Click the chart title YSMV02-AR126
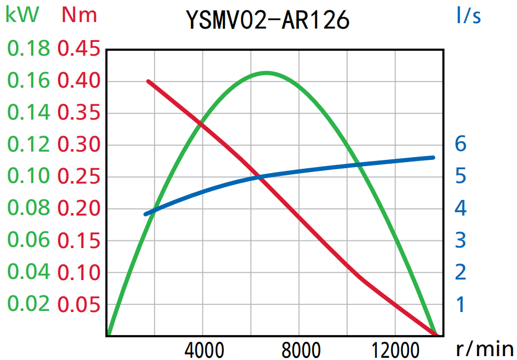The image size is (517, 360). [x=268, y=20]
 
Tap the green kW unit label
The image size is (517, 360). [x=22, y=15]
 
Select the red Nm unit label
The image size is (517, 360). [x=79, y=15]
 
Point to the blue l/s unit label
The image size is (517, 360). [x=468, y=15]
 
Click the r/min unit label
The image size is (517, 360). [x=485, y=348]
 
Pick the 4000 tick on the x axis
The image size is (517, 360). [x=202, y=350]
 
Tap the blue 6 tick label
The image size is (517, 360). [x=461, y=144]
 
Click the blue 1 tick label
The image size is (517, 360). [x=461, y=304]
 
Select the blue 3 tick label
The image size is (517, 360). [x=461, y=240]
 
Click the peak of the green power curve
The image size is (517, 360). [x=267, y=73]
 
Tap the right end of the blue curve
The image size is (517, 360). [x=433, y=157]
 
